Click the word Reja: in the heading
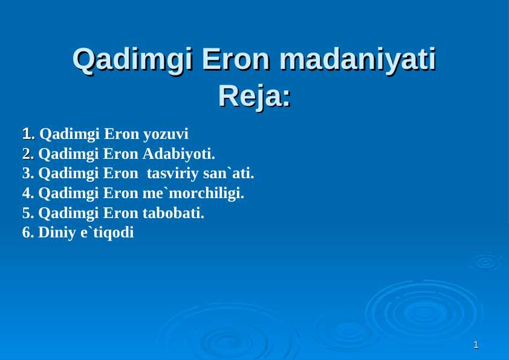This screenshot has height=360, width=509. pyautogui.click(x=254, y=96)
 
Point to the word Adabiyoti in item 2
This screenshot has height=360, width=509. pyautogui.click(x=178, y=153)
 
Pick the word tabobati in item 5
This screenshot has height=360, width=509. pyautogui.click(x=173, y=213)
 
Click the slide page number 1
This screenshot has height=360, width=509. pyautogui.click(x=476, y=346)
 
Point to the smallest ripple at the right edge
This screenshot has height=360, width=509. pyautogui.click(x=485, y=262)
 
